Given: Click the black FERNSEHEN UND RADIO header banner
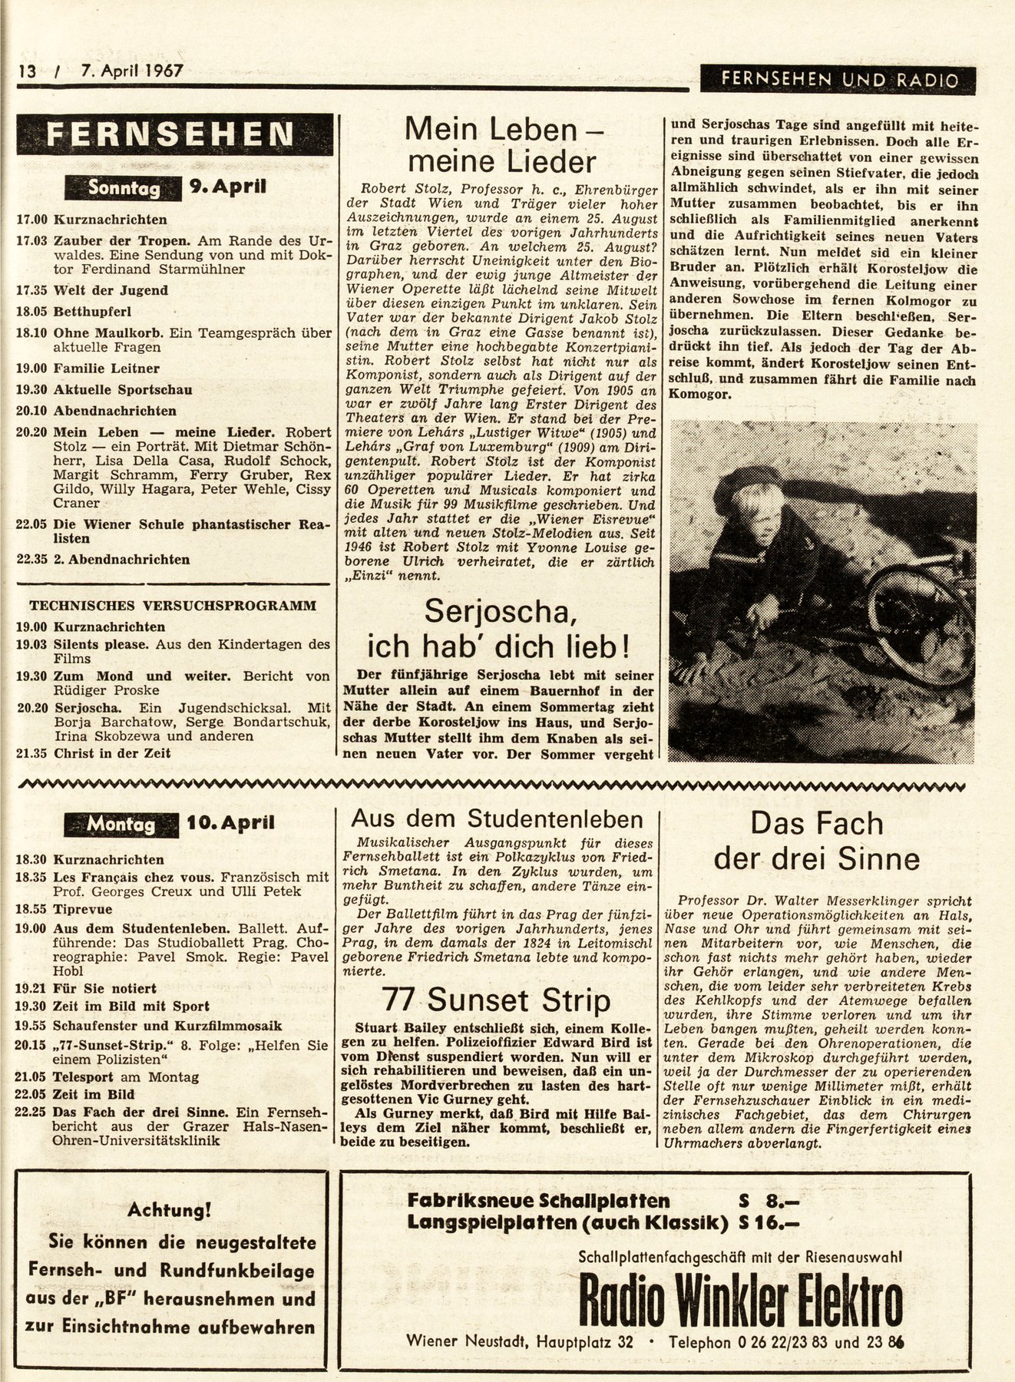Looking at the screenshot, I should click(x=838, y=80).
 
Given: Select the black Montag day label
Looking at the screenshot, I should click(x=122, y=824).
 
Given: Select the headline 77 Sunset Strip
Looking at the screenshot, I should click(x=496, y=1000).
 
